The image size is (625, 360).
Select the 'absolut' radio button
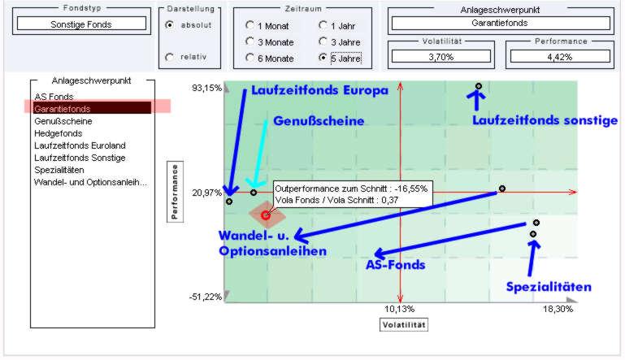169,24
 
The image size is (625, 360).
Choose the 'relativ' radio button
169,57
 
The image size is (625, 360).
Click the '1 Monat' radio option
250,25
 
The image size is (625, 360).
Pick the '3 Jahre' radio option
323,41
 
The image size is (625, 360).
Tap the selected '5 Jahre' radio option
323,58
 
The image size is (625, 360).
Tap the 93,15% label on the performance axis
206,88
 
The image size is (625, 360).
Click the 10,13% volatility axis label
399,310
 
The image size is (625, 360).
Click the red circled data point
266,215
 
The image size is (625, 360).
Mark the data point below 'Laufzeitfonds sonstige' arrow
479,85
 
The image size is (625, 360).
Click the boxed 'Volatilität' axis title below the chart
404,324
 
